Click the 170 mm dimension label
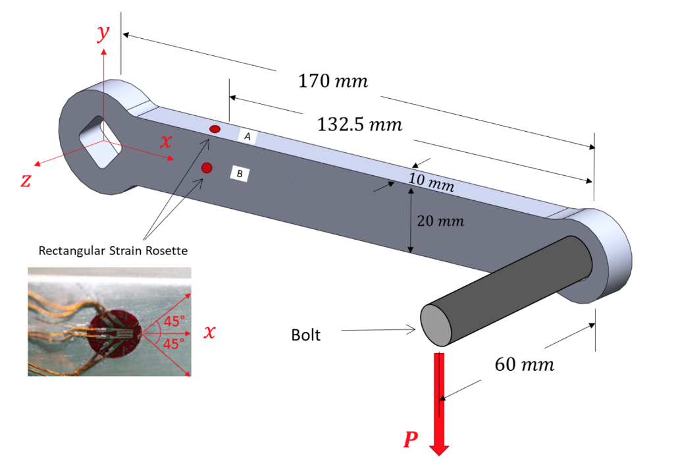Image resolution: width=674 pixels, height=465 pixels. click(332, 82)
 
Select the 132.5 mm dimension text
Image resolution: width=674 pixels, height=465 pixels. click(359, 124)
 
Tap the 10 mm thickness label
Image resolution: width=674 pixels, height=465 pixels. click(430, 182)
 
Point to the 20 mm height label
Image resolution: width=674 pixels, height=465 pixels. click(440, 221)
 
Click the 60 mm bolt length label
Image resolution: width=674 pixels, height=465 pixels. click(524, 364)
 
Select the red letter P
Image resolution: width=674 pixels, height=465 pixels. click(411, 440)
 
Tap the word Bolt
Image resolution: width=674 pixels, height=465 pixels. click(305, 335)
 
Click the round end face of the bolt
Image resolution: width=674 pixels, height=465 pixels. click(435, 325)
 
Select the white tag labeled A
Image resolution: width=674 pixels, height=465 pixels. click(247, 136)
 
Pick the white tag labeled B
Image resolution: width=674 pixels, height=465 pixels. click(240, 174)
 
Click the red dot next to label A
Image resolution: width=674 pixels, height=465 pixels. click(215, 129)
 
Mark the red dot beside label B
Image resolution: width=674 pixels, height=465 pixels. click(207, 168)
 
